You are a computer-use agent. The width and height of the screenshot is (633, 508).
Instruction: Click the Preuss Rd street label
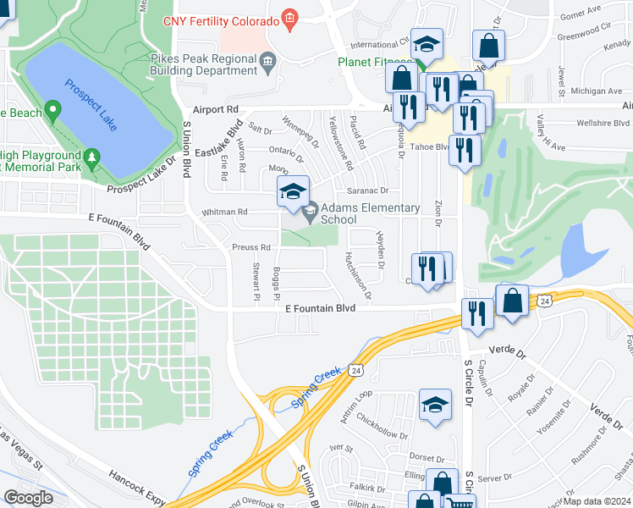[250, 247]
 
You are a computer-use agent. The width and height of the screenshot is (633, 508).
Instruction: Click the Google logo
[28, 498]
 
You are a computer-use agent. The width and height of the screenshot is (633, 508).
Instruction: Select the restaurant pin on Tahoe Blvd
[465, 150]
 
